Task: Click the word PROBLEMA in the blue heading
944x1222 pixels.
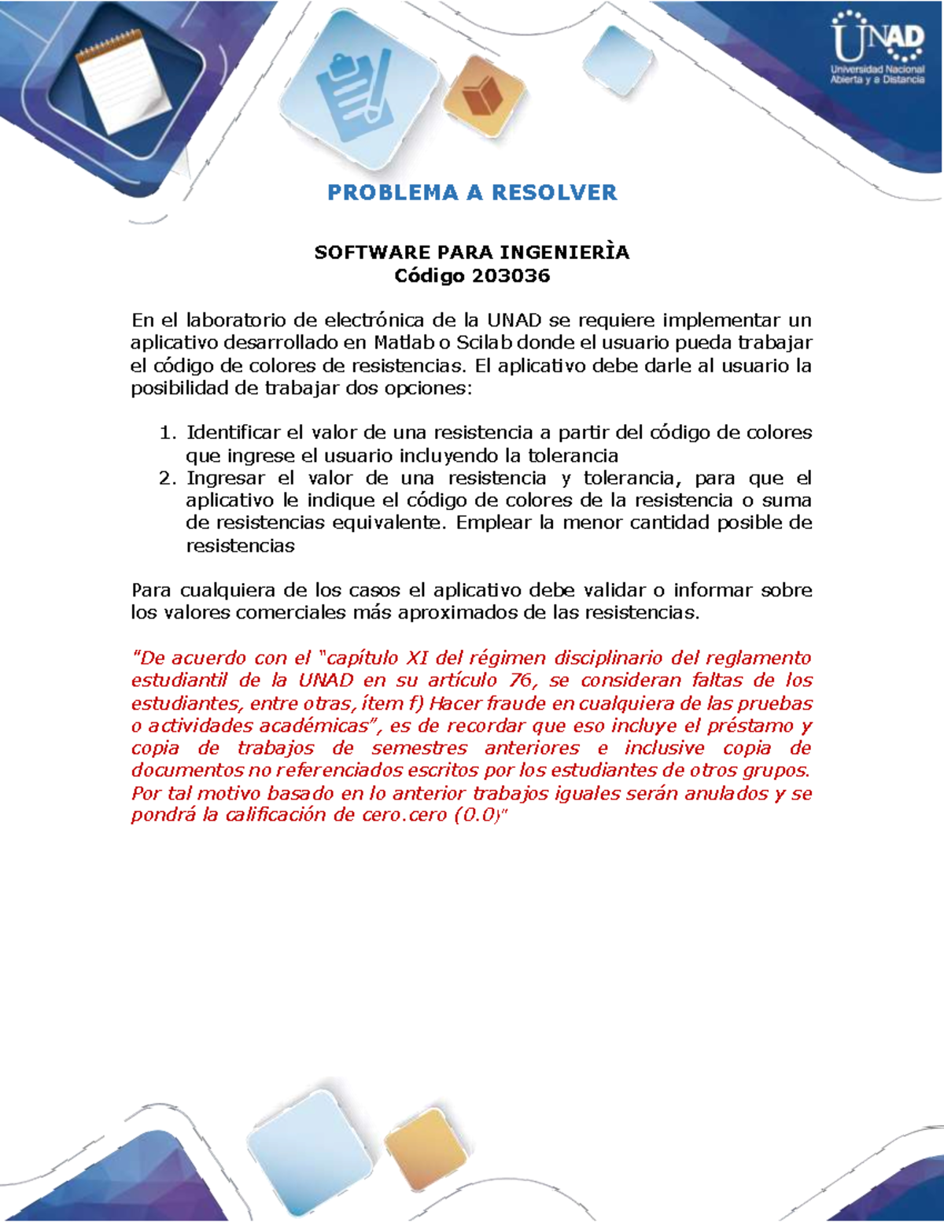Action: coord(393,193)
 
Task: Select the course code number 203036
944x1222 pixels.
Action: coord(511,275)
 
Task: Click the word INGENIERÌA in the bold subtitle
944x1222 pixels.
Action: coord(565,253)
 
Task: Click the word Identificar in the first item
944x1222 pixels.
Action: coord(233,433)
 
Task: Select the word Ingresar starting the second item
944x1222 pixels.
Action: coord(226,478)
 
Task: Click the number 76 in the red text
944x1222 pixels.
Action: coord(521,681)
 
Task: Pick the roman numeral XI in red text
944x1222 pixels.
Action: coord(416,658)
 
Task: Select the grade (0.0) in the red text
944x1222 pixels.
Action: coord(477,815)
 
